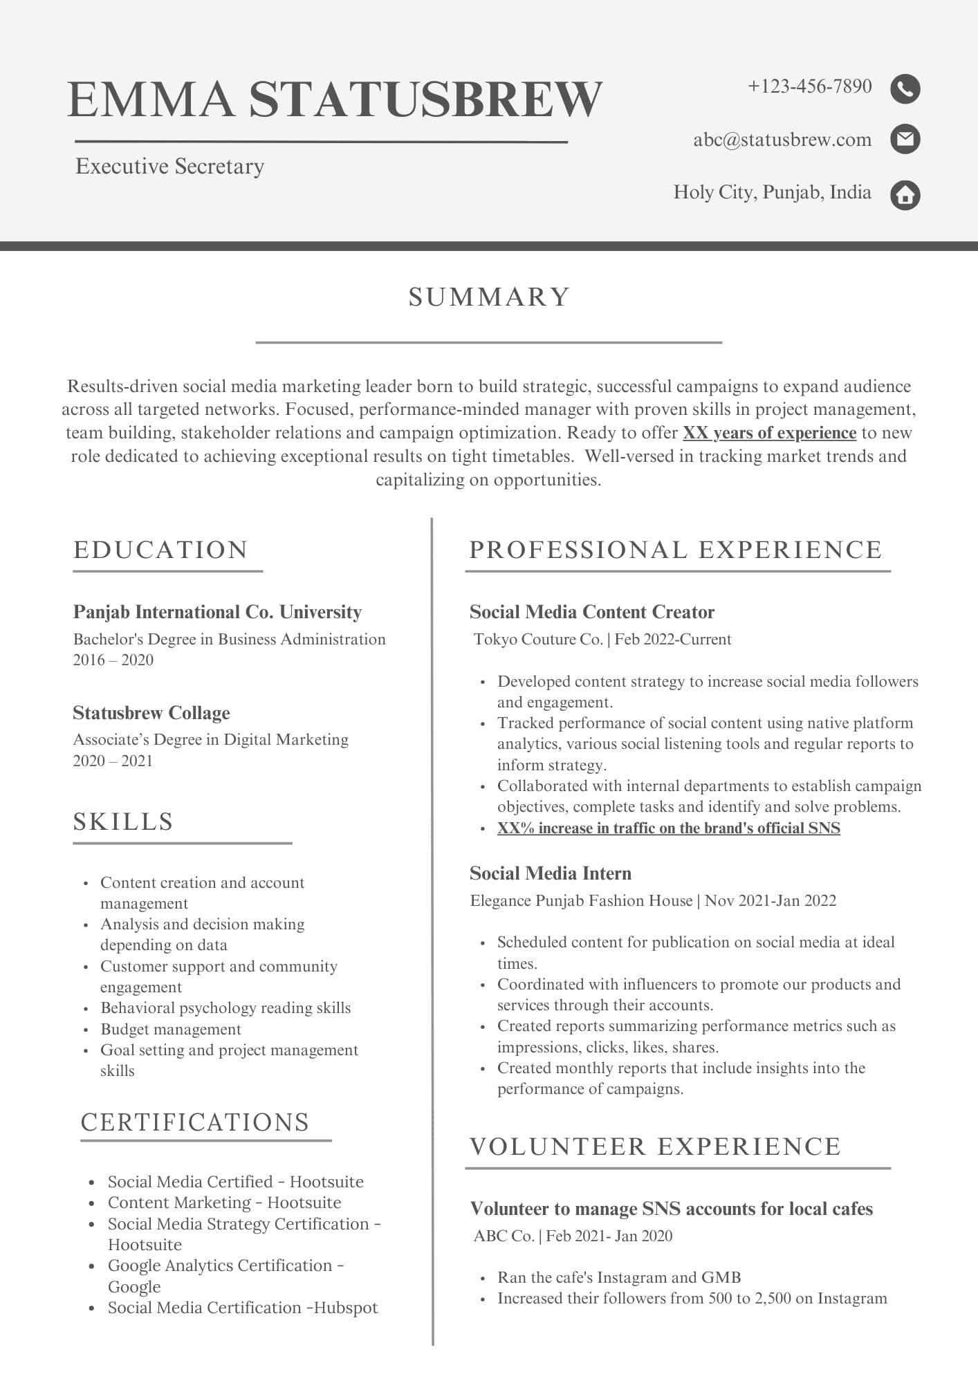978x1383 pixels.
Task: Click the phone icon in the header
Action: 905,89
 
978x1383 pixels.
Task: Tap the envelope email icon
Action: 905,140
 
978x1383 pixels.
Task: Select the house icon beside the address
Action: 905,195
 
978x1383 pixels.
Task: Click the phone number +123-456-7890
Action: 809,86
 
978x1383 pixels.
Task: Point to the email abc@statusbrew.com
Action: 782,140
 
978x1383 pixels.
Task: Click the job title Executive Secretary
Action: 169,167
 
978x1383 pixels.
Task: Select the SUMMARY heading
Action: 489,297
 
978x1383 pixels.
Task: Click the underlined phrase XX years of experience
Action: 769,433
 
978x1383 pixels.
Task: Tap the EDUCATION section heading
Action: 160,550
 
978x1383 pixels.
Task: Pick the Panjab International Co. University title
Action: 217,612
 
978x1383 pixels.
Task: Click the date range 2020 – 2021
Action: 113,761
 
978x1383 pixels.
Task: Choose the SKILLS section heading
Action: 123,822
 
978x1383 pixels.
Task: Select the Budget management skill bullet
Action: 171,1029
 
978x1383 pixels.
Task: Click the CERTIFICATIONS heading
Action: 195,1122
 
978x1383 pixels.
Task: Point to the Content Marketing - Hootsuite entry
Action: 224,1203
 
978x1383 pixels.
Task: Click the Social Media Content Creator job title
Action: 591,612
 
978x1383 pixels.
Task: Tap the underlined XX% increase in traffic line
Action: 668,828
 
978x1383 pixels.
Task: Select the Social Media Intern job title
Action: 550,873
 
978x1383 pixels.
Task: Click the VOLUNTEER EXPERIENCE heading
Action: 655,1147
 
